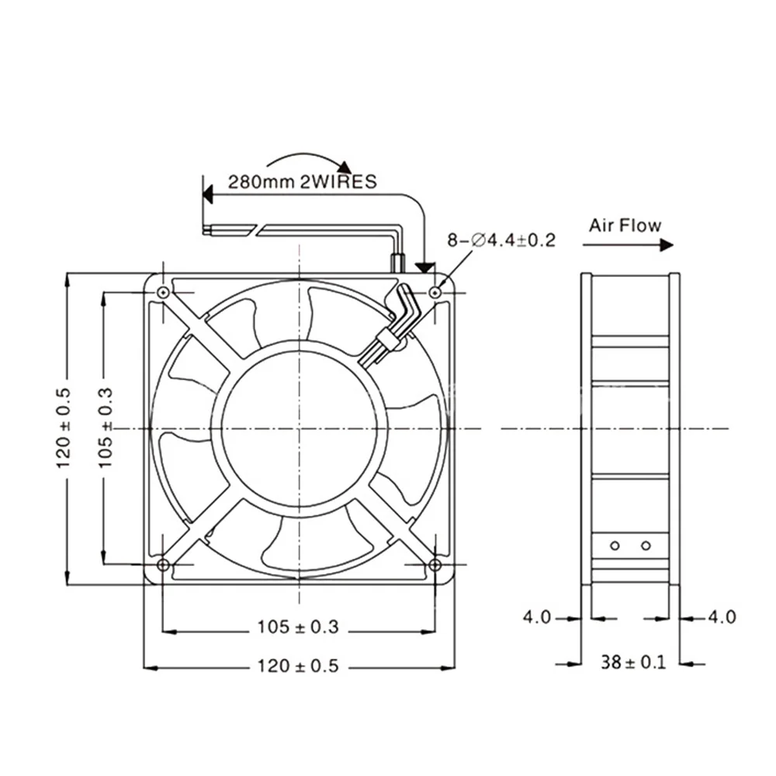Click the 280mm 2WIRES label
tap(301, 183)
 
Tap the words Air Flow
tap(625, 226)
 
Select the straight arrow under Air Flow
tap(627, 245)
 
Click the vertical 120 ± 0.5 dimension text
tap(63, 428)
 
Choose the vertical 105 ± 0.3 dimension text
tap(106, 428)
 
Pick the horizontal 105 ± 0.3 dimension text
tap(298, 628)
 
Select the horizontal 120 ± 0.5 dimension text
tap(298, 666)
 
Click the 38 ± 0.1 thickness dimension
tap(632, 663)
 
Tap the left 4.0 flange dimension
tap(536, 618)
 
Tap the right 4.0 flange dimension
tap(722, 618)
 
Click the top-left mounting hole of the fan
tap(162, 292)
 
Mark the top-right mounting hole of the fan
tap(435, 292)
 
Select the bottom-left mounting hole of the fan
tap(162, 563)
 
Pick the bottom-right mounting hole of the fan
tap(435, 563)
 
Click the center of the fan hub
tap(298, 428)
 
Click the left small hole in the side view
tap(615, 546)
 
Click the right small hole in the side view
tap(644, 546)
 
